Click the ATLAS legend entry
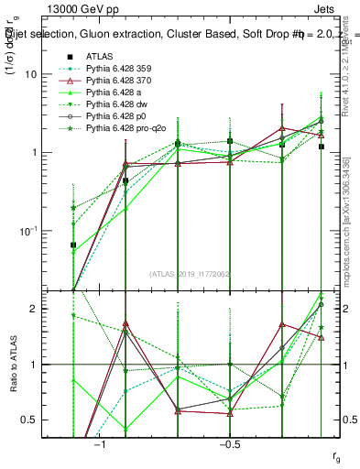pos(98,56)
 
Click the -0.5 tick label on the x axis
pos(229,444)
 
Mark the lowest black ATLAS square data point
pos(73,245)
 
